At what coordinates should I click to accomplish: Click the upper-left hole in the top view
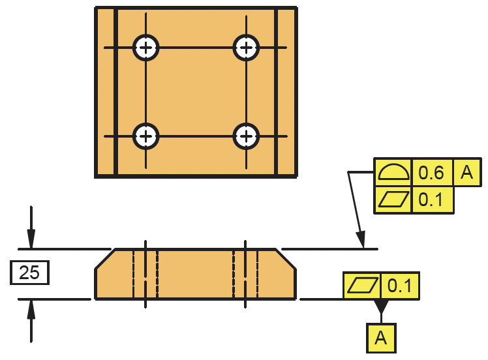pos(146,47)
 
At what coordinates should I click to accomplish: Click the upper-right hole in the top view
pos(246,47)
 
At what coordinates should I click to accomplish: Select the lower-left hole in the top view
pos(146,136)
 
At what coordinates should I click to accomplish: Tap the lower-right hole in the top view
pos(246,136)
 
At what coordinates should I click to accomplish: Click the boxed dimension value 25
pos(29,273)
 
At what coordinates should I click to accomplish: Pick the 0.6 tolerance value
pos(431,173)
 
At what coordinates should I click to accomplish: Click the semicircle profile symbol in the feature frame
pos(393,173)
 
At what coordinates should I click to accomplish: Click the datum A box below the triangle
pos(381,338)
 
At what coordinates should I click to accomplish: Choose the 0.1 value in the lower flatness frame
pos(400,286)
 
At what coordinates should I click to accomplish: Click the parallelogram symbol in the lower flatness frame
pos(363,286)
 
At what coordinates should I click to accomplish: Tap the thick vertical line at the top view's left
pos(116,92)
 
